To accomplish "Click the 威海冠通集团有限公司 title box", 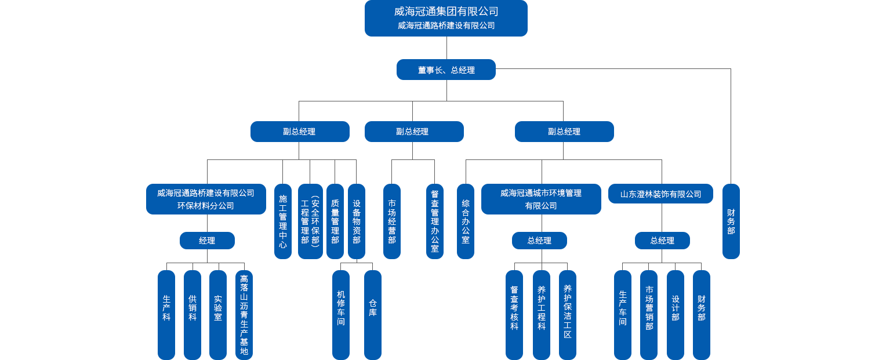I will (445, 18).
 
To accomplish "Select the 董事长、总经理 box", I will (445, 70).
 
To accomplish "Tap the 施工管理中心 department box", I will (282, 221).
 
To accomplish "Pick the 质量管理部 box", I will (335, 221).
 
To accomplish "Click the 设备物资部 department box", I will (356, 221).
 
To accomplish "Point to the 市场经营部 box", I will (391, 221).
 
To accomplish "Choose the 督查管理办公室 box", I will (434, 221).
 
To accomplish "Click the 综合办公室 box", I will (465, 221).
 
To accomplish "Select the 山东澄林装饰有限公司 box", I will (660, 194).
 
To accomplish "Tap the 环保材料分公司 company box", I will (206, 199).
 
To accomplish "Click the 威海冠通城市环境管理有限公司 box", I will (540, 199).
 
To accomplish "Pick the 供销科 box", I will (192, 314).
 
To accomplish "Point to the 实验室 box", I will (217, 314).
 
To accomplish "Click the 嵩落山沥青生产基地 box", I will (244, 314).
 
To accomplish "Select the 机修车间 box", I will (340, 314).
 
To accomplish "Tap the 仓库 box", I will (372, 314).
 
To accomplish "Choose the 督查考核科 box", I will (514, 314).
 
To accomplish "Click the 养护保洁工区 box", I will (567, 314).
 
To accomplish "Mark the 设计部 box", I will (675, 314).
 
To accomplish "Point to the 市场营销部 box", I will (649, 314).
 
